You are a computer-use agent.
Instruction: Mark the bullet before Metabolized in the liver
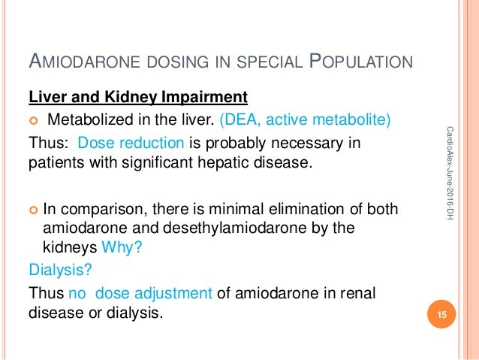35,122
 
